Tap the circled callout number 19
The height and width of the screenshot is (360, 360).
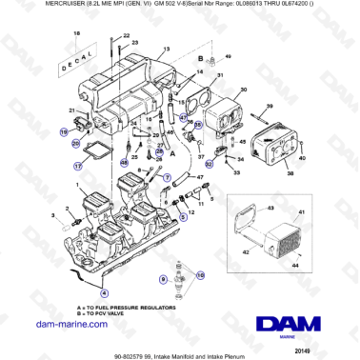pos(66,131)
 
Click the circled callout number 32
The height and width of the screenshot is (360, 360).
pos(197,124)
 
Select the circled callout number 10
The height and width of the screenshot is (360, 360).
pos(200,273)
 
